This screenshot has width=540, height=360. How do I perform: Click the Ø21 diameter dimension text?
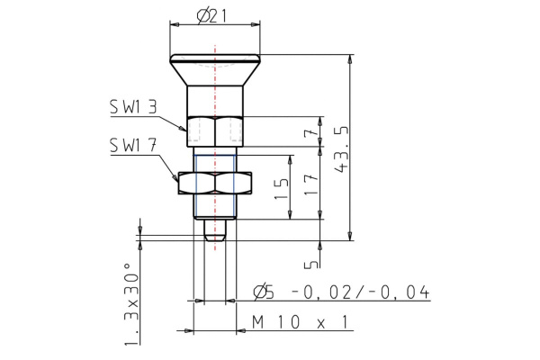click(x=214, y=15)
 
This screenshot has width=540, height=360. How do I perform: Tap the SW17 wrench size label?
click(x=132, y=144)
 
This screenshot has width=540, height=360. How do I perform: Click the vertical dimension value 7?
click(x=309, y=134)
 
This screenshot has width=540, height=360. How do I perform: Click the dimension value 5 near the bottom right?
click(x=309, y=264)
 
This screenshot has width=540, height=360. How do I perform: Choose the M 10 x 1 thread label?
click(x=301, y=321)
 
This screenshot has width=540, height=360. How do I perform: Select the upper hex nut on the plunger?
click(x=214, y=132)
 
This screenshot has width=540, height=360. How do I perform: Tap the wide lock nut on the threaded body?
click(x=214, y=183)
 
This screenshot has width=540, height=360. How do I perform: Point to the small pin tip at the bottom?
click(x=214, y=230)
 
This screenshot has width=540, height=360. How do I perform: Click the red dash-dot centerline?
click(x=214, y=99)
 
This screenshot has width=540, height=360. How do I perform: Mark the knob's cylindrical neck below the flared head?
click(x=214, y=101)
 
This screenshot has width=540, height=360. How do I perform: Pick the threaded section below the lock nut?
click(x=214, y=208)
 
